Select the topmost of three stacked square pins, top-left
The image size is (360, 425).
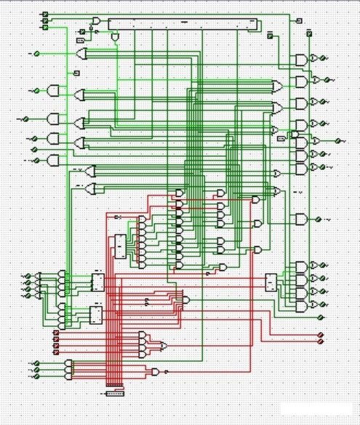tap(45, 15)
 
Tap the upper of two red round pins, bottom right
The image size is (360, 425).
tap(321, 335)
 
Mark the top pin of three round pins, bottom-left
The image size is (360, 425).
tap(36, 363)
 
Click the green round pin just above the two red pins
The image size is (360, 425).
tap(321, 304)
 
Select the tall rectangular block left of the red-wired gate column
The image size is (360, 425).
tap(119, 246)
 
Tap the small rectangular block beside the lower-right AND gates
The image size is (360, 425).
tap(271, 281)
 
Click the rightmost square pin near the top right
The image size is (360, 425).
tap(309, 33)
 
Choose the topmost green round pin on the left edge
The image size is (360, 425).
tap(36, 53)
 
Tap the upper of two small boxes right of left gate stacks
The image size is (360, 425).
tap(97, 280)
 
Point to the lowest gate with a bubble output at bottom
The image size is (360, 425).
tap(156, 371)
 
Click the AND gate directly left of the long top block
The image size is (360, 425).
tap(96, 22)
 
